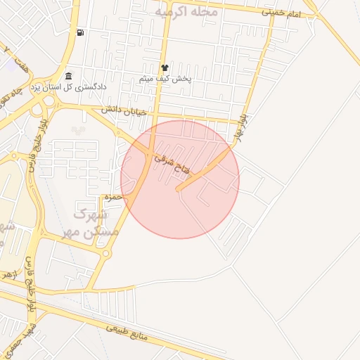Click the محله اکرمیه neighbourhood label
pos(186,12)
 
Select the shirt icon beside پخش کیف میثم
pos(165,68)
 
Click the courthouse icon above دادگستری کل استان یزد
pos(68,76)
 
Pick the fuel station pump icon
pos(82,32)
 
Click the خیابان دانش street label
pos(124,110)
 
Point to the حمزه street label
pos(113,198)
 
